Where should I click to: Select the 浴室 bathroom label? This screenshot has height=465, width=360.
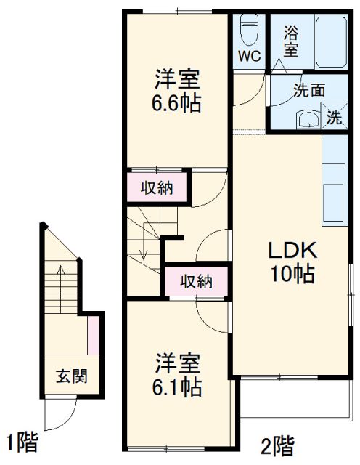click(291, 41)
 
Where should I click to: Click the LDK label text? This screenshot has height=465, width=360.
click(293, 251)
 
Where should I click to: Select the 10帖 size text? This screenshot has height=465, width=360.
click(292, 274)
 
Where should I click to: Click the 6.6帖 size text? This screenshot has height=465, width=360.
click(176, 102)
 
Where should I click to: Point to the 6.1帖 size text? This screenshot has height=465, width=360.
click(176, 387)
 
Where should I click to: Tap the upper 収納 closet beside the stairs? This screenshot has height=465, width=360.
click(156, 188)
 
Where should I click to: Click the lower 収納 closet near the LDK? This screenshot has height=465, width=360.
click(195, 281)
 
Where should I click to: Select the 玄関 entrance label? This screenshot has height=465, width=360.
click(72, 376)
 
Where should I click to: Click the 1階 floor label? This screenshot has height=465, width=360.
click(22, 441)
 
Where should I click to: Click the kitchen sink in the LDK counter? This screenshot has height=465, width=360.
click(333, 198)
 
